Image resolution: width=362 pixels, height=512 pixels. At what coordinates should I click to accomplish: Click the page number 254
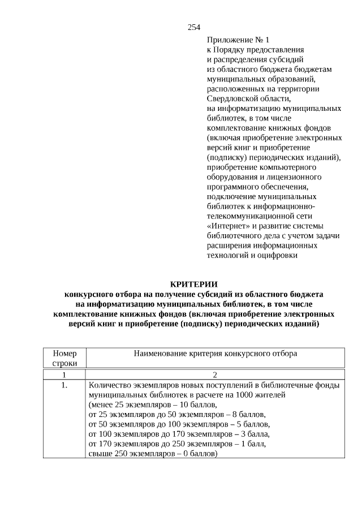click(x=194, y=27)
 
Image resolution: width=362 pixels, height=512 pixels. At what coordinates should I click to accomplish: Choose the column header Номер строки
click(x=64, y=358)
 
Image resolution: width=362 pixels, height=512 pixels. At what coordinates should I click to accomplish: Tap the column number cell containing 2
click(x=216, y=375)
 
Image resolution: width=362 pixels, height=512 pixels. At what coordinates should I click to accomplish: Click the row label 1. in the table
click(x=64, y=385)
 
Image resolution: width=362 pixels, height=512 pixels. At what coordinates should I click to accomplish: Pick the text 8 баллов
click(x=239, y=414)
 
